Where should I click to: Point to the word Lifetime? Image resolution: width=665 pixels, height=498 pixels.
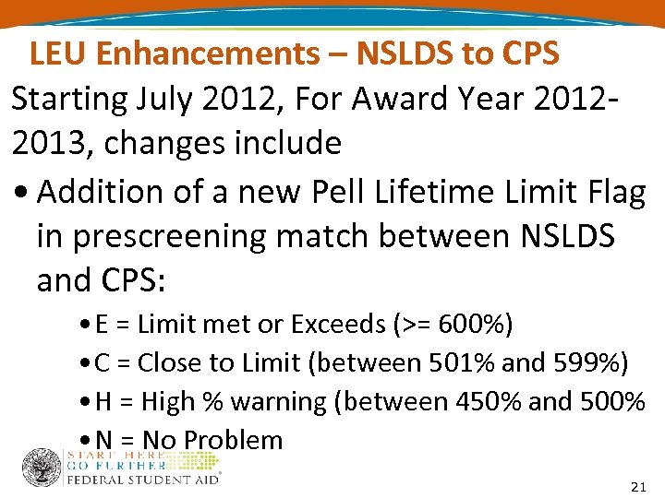point(443,192)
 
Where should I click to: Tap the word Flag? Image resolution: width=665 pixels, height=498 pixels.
point(611,192)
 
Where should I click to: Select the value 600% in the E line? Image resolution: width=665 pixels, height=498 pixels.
point(471,325)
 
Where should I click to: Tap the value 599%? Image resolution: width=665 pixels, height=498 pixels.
point(590,363)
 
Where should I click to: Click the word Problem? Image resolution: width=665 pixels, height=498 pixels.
point(236,440)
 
